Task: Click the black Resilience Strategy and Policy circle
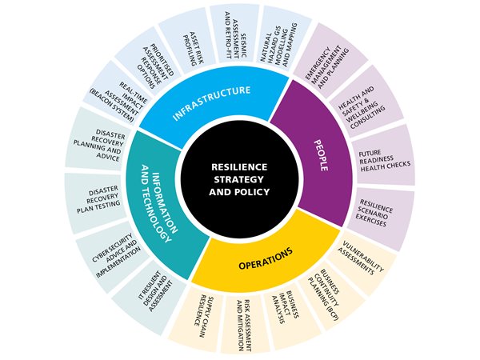(x=241, y=180)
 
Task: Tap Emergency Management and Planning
(x=328, y=59)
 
